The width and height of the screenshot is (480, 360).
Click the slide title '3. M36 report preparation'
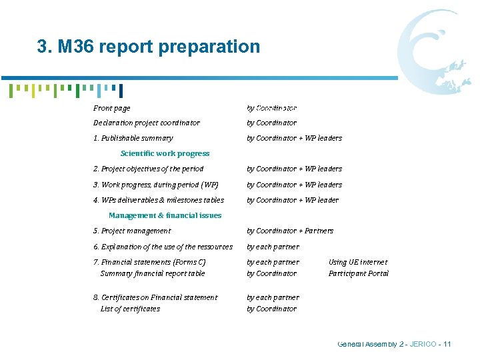tap(148, 47)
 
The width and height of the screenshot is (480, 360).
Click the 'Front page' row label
tap(112, 108)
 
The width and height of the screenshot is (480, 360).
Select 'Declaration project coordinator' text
tap(147, 123)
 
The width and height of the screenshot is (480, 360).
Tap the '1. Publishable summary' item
tap(133, 138)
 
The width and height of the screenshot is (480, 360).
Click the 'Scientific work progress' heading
tap(165, 153)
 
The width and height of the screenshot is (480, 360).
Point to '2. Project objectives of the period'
tap(149, 169)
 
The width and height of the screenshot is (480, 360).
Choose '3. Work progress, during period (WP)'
tap(156, 185)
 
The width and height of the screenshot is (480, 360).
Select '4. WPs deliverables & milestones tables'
tap(159, 200)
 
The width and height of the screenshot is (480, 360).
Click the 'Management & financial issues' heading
tap(165, 215)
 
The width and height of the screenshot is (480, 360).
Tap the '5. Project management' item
tap(132, 231)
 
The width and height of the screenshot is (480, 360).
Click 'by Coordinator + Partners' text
tap(290, 231)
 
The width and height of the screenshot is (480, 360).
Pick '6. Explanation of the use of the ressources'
tap(163, 247)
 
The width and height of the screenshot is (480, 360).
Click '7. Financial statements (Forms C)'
tap(149, 262)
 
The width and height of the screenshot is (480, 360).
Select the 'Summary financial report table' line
tap(153, 273)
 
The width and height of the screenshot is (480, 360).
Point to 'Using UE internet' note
tap(358, 262)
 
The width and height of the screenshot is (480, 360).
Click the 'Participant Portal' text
tap(359, 273)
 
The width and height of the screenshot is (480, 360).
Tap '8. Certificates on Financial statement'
tap(155, 297)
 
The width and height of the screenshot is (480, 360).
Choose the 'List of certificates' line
tap(130, 309)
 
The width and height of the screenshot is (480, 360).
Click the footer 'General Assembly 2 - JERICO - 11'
tap(395, 344)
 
